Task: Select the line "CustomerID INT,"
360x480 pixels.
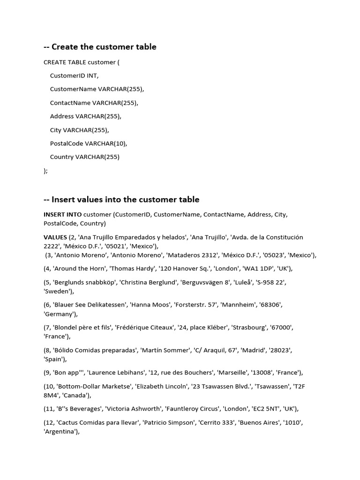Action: coord(74,75)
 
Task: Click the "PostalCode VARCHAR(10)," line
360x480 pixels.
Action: coord(89,143)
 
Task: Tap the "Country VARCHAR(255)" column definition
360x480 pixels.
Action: coord(85,157)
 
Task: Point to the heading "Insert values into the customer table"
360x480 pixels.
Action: coord(121,200)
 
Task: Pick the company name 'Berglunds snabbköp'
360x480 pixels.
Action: coord(85,282)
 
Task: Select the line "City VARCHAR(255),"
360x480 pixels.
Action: coord(79,130)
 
